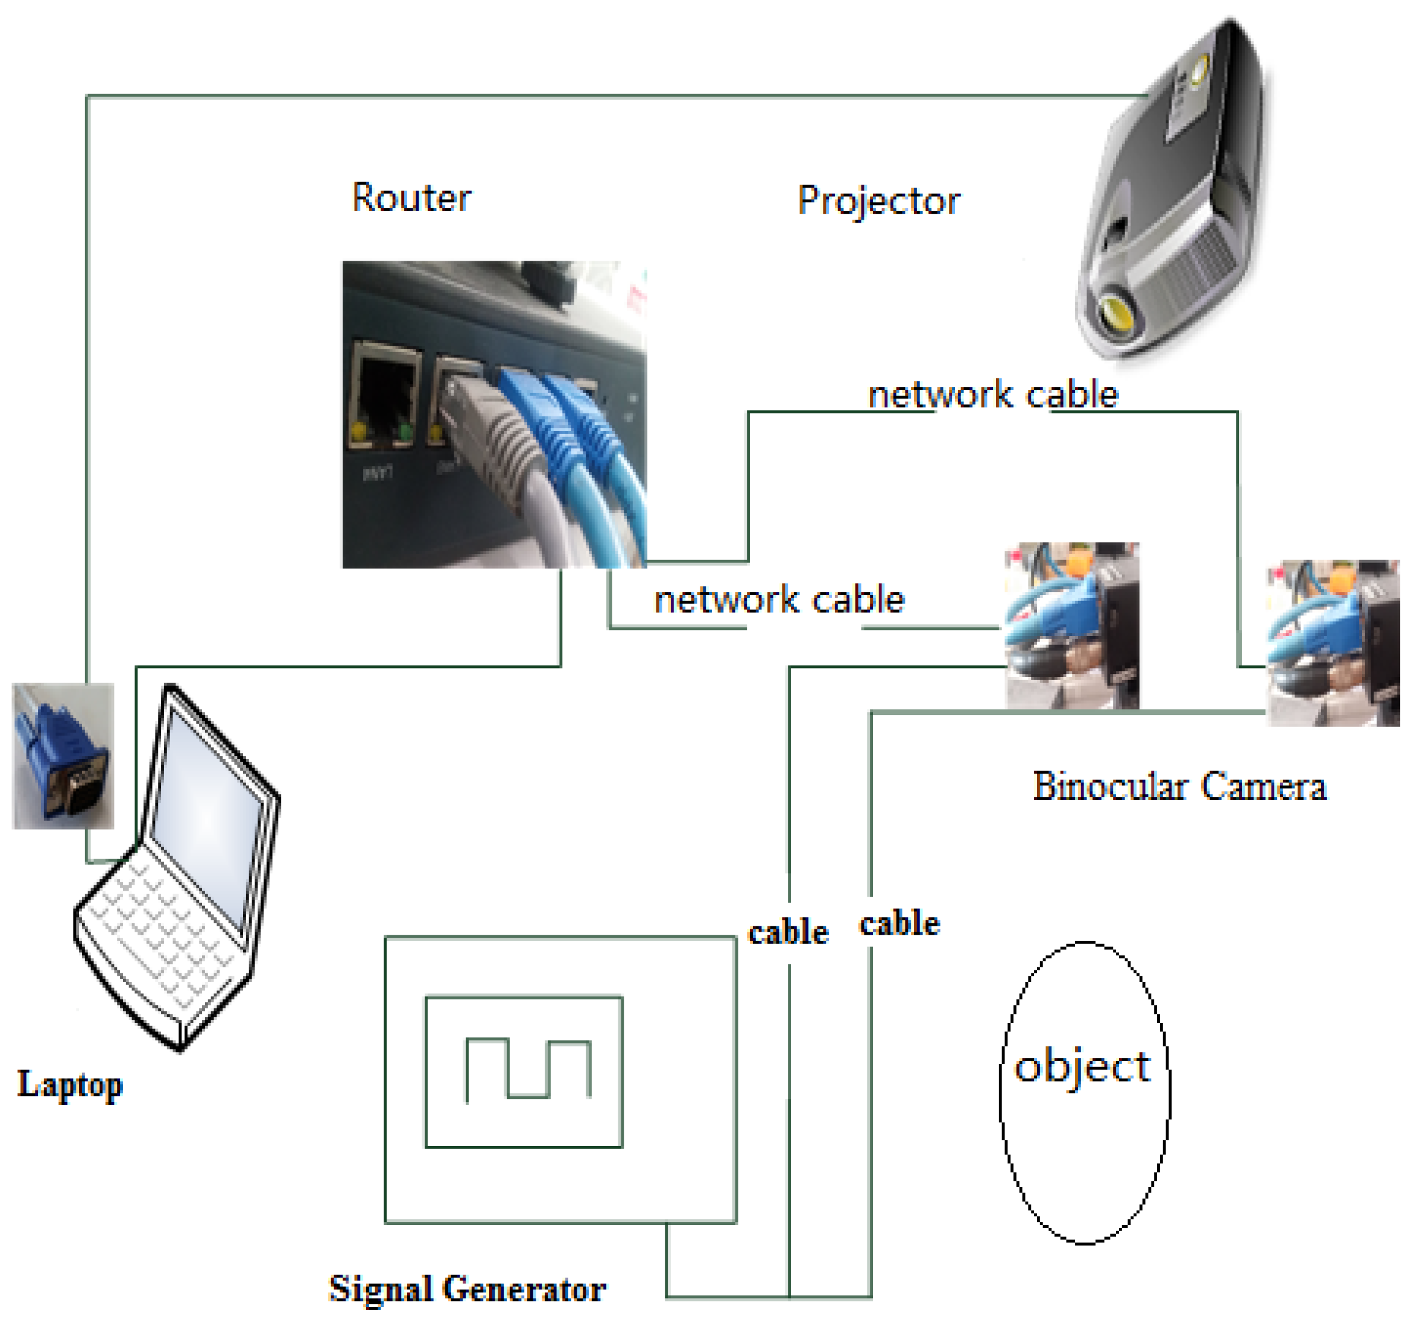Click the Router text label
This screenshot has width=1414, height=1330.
coord(411,198)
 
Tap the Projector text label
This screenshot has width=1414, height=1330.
coord(878,202)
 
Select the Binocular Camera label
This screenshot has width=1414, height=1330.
coord(1179,787)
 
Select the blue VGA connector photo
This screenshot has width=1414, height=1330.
coord(63,757)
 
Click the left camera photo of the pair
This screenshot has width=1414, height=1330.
coord(1071,626)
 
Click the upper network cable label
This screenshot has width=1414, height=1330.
coord(993,395)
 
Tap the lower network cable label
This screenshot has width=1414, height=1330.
coord(779,600)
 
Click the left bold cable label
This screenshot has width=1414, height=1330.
coord(788,933)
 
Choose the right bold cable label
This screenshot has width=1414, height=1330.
coord(900,924)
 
